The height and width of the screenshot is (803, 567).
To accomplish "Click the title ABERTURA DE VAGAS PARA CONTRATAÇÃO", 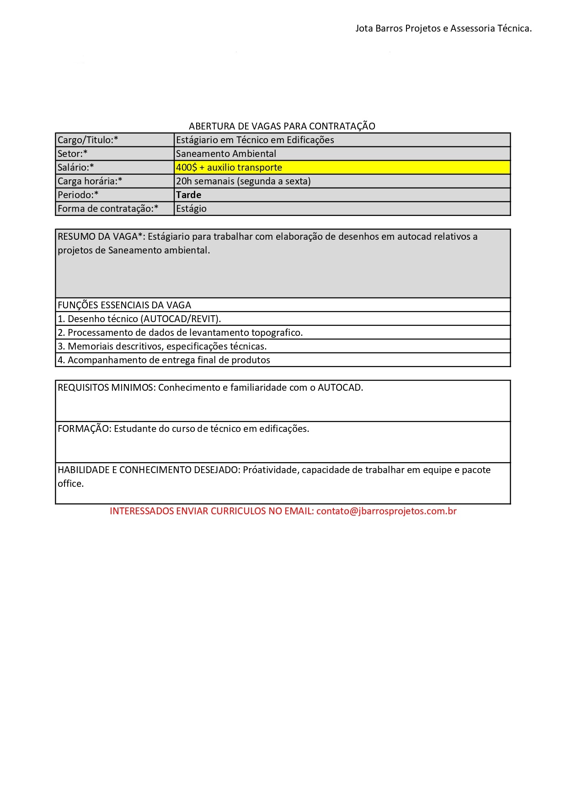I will (x=282, y=126).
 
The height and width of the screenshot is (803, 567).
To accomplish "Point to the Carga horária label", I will (x=90, y=181).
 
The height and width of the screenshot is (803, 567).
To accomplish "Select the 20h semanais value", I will (x=243, y=181).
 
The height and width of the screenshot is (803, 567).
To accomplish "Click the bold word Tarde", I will (x=188, y=195).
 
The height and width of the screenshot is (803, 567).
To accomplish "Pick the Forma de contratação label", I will (x=108, y=209).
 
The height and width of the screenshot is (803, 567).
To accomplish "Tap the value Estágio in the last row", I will (x=191, y=209).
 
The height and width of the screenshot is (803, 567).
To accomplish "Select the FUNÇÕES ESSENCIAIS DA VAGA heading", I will (x=124, y=305).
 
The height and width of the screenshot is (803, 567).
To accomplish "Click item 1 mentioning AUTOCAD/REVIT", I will (x=139, y=319).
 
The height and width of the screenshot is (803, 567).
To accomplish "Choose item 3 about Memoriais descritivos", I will (x=162, y=346).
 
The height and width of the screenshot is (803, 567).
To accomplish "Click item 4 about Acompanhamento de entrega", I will (x=164, y=360).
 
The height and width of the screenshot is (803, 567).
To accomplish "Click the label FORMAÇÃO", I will (x=84, y=429).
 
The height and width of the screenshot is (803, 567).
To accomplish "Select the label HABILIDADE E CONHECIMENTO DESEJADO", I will (x=149, y=470).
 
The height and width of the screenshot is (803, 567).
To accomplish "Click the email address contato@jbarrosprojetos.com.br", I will (x=386, y=511).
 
